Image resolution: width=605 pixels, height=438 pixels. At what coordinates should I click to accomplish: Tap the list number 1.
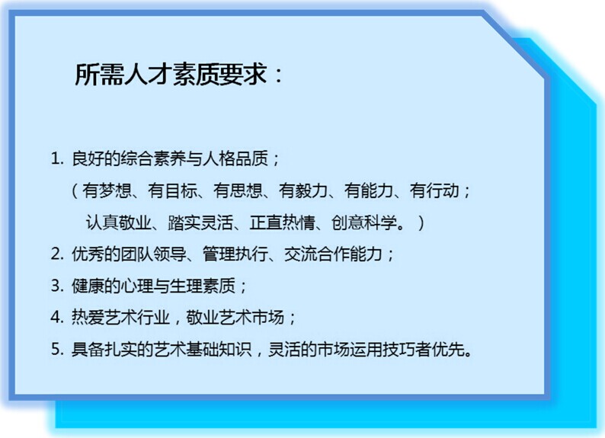56,158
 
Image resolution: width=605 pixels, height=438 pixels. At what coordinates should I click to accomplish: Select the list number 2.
56,254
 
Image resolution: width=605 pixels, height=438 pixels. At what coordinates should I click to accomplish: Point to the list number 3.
56,286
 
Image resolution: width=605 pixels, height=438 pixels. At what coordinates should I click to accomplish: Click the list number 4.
56,318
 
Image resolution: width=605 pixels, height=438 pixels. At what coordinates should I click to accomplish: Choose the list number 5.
56,350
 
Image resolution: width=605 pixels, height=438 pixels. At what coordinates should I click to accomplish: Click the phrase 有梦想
107,190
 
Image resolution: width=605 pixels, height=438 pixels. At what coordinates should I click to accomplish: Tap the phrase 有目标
172,190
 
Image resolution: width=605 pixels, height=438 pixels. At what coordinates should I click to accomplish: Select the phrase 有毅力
304,190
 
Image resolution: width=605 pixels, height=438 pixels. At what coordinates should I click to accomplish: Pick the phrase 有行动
435,190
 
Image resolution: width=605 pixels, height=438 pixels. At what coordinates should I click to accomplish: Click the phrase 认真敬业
118,222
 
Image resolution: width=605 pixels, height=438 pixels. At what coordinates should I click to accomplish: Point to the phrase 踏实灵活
200,222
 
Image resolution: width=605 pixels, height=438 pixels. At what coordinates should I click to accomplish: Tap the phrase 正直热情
283,222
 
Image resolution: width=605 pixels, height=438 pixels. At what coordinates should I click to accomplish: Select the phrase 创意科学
364,222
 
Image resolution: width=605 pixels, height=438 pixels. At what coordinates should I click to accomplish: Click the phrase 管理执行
235,254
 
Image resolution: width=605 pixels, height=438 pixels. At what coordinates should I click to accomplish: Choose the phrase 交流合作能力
334,254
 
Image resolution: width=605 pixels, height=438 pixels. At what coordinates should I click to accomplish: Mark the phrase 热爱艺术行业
120,318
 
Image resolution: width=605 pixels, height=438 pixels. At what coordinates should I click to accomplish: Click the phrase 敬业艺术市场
235,318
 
